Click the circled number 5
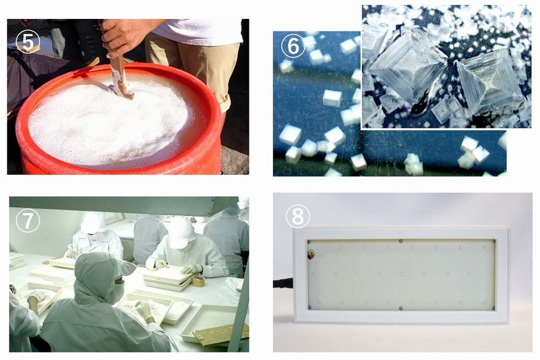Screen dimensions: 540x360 pos(28,42)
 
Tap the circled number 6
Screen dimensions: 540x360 pos(293,46)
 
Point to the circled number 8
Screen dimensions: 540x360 pos(298,216)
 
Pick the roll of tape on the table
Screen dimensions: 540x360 pos(198,282)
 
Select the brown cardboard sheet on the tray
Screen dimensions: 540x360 pos(221,334)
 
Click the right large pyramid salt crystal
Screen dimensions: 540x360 pos(490,83)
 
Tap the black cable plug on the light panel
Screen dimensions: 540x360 pos(283,284)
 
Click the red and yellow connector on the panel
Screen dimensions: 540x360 pos(312,255)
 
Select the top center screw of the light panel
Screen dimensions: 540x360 pos(400,241)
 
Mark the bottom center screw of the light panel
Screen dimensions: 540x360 pos(400,308)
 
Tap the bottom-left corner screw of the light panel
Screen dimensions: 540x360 pos(309,307)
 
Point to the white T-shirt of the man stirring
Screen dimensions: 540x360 pos(199,31)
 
